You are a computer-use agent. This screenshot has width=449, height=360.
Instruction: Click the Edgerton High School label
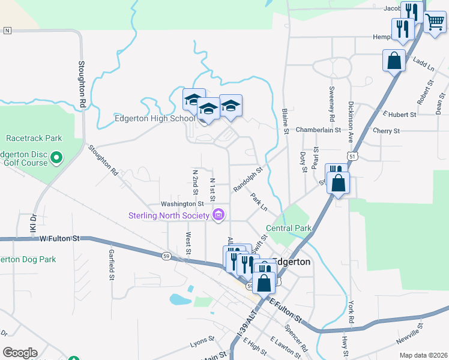155,119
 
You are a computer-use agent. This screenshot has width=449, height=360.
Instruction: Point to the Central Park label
289,229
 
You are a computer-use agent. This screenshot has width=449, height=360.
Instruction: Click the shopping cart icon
435,22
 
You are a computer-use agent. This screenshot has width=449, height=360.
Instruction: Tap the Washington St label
182,204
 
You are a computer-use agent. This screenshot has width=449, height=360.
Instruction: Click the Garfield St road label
112,265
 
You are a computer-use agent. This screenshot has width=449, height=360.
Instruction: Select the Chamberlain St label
318,130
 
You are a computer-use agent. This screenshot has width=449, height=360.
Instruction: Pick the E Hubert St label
399,114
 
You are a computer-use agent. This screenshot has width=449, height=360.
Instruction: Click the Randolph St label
248,179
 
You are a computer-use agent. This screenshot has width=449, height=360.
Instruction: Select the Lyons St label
202,341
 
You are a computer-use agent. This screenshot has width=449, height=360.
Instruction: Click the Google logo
20,353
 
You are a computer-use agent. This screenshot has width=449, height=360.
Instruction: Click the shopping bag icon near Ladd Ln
394,61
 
